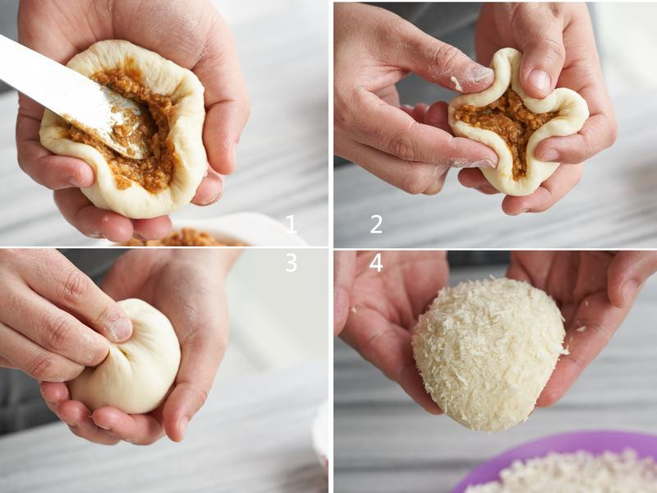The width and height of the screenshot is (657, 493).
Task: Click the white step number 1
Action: point(292,223)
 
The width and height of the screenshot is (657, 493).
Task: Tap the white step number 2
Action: point(376,224)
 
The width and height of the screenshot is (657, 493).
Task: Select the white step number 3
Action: point(292,263)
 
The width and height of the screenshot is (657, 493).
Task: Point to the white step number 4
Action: point(376,263)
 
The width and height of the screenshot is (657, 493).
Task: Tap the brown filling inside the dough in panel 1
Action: point(138,134)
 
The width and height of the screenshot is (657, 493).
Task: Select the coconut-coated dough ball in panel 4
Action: point(489,354)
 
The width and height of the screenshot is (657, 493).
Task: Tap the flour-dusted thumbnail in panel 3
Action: point(121,329)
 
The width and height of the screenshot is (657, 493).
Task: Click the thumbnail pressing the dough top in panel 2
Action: point(539,81)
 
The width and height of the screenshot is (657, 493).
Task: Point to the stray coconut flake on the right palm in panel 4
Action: point(581,329)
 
